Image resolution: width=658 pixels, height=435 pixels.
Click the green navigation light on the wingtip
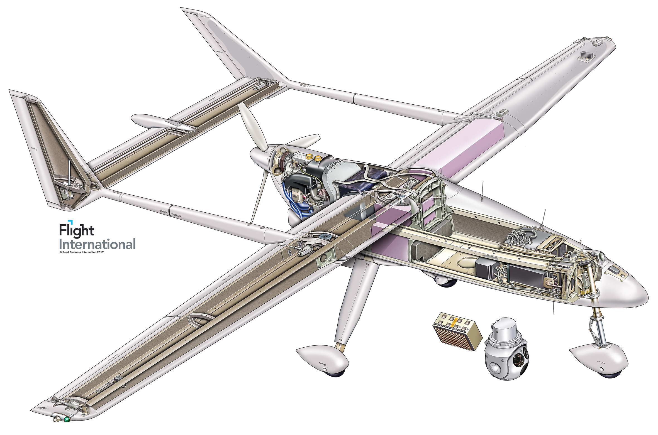pyautogui.click(x=67, y=419)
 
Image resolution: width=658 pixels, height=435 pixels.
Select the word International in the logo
pyautogui.click(x=97, y=244)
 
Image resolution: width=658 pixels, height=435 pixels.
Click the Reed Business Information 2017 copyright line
pyautogui.click(x=81, y=252)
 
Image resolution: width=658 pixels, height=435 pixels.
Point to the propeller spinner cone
pyautogui.click(x=258, y=156)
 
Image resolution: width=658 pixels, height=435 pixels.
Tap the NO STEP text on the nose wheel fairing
pyautogui.click(x=601, y=362)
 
